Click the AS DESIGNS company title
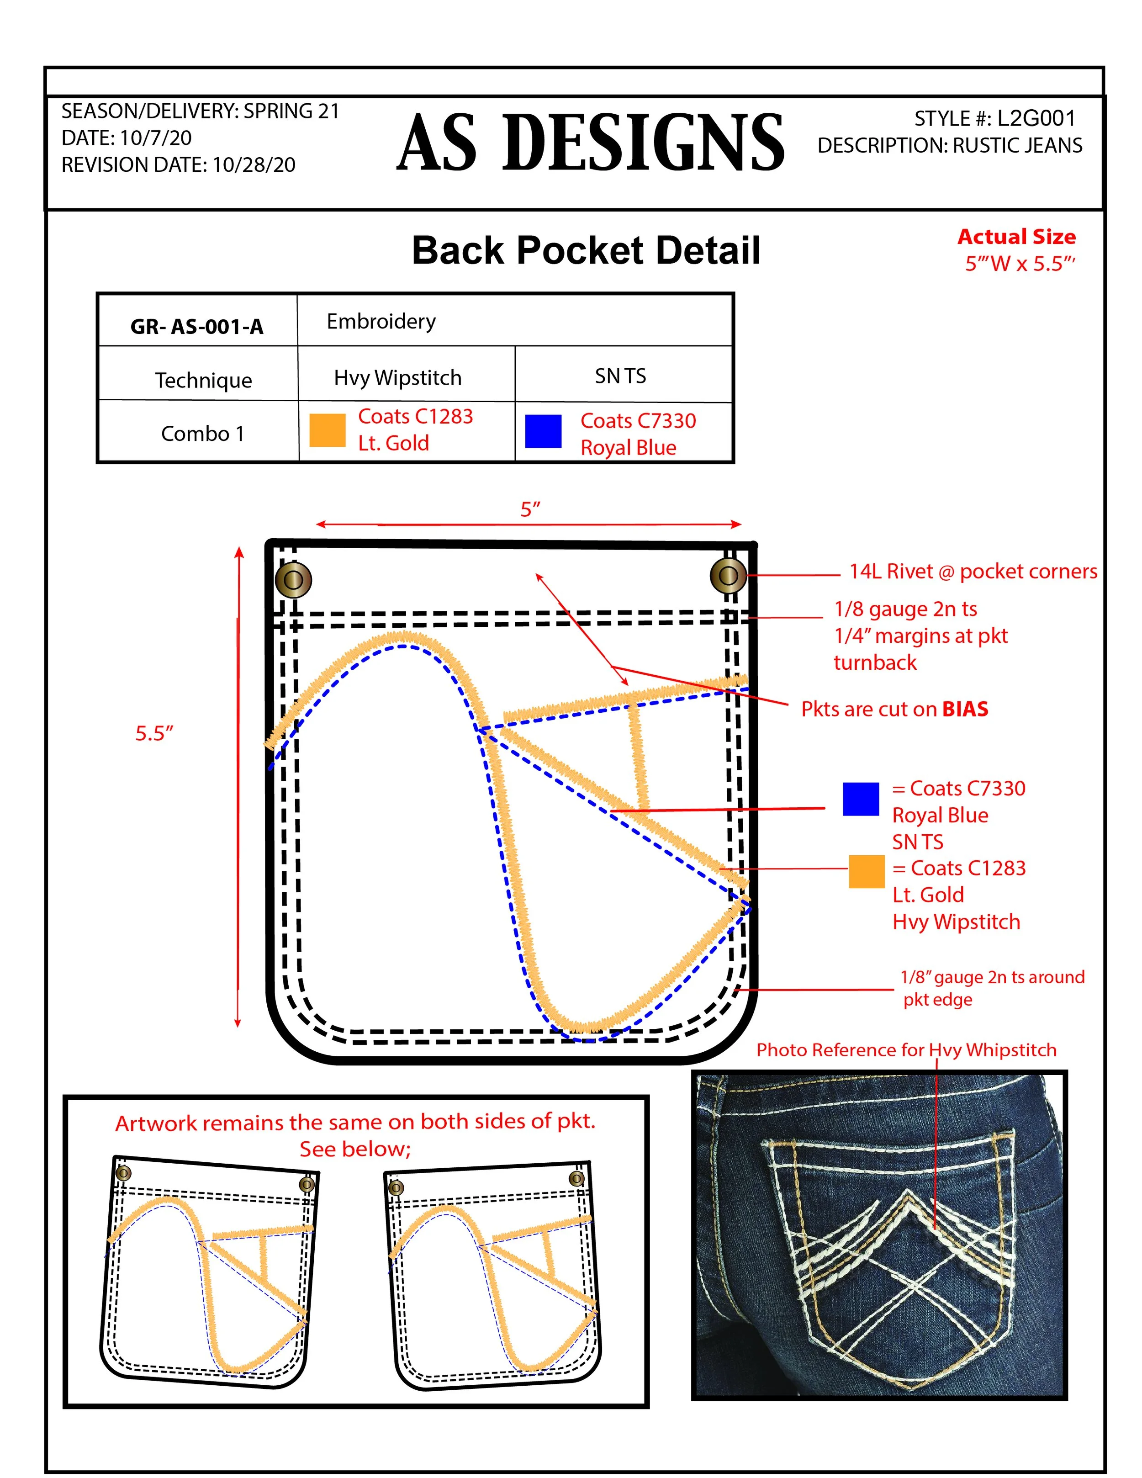click(590, 142)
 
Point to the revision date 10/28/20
click(254, 164)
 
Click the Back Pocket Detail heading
click(586, 250)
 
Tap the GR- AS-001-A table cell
click(197, 326)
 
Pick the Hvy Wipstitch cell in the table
click(398, 377)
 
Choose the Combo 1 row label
click(202, 433)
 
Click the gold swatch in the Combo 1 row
click(328, 430)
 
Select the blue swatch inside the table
click(543, 432)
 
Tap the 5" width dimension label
click(530, 509)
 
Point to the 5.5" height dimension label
click(154, 733)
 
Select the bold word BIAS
click(965, 709)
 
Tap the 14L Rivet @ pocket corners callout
click(973, 571)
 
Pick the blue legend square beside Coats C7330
click(861, 799)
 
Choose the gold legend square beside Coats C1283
click(867, 871)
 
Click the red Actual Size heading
click(1016, 237)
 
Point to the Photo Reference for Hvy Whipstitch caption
click(906, 1049)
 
